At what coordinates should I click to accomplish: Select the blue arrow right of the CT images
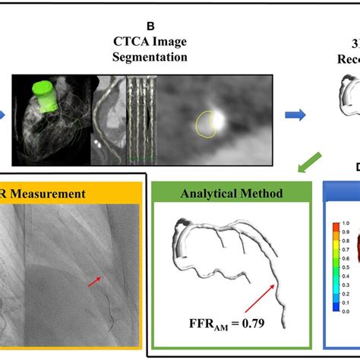pos(294,116)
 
